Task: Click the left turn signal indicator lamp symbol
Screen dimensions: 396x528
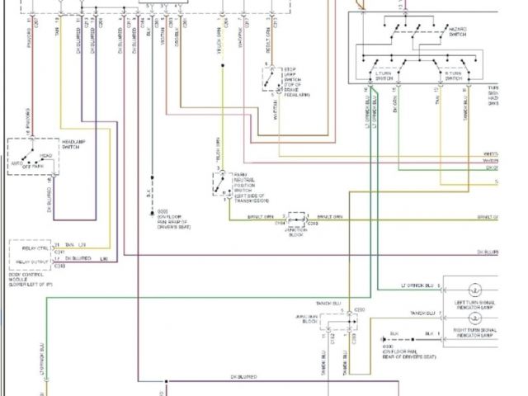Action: [475, 290]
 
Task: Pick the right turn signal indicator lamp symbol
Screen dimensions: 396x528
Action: [475, 317]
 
